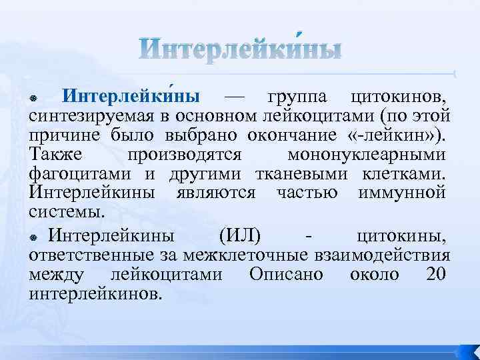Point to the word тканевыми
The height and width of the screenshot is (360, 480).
[x=294, y=175]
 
